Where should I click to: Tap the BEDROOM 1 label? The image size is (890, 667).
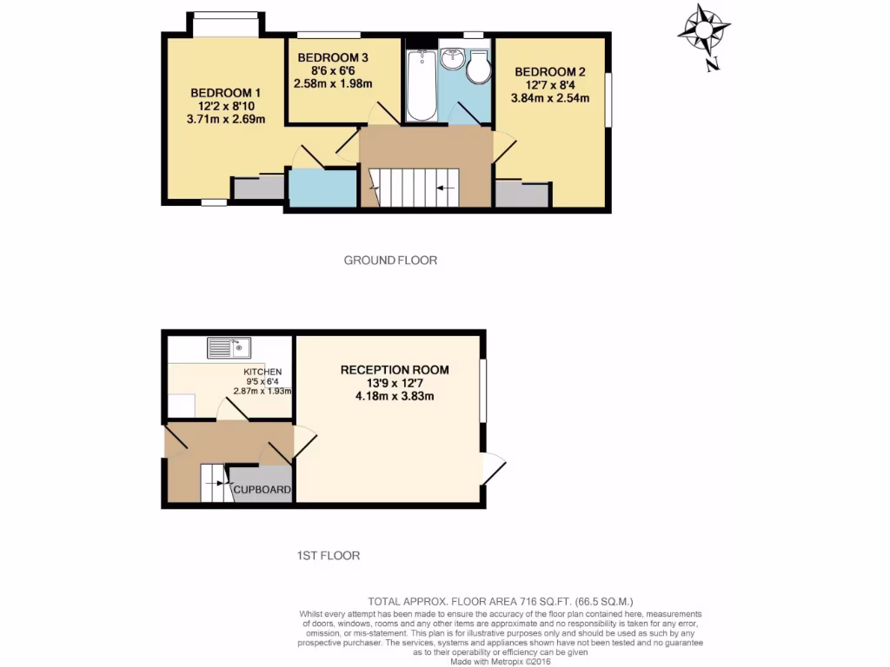coord(225,93)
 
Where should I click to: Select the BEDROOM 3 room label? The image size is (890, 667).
coord(333,58)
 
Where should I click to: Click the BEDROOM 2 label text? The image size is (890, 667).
coord(549,71)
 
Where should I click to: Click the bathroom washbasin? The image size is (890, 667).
coord(452,59)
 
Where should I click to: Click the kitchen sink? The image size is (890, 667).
coord(229,348)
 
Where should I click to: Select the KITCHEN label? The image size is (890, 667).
coord(262,373)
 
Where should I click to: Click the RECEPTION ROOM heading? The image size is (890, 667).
coord(395,370)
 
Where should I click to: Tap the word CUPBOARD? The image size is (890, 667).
coord(262,490)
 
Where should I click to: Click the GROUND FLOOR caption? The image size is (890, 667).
coord(390,260)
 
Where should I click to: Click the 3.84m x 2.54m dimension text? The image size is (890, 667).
coord(550,98)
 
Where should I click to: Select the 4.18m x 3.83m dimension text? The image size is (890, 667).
coord(395,396)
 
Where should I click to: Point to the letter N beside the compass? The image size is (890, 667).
coord(713,63)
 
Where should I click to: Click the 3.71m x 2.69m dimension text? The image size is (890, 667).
coord(225,120)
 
